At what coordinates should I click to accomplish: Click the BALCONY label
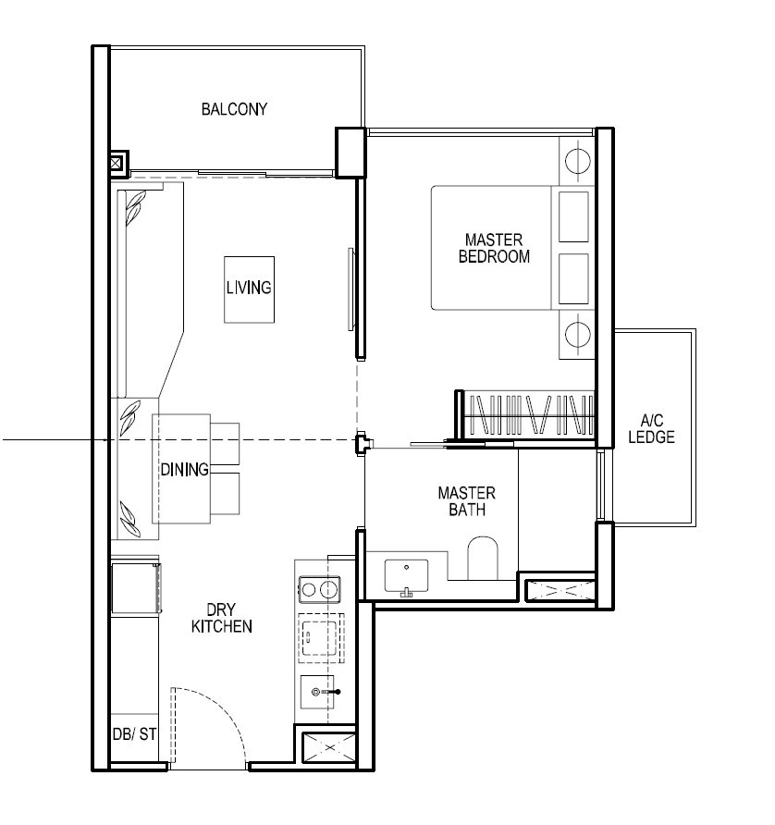[234, 109]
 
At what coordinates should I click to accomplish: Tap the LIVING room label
[249, 288]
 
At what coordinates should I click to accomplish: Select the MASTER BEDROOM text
[494, 248]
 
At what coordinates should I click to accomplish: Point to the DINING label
[184, 469]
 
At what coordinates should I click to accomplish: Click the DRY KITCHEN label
[222, 618]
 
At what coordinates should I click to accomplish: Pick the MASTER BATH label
[467, 501]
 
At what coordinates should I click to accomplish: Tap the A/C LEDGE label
[651, 428]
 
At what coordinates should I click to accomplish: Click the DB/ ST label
[134, 733]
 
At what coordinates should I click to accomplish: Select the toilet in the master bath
[483, 558]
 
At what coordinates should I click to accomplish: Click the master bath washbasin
[406, 576]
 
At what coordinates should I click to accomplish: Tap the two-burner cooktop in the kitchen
[319, 589]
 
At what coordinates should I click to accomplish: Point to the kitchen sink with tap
[318, 692]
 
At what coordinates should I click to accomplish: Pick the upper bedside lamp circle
[577, 160]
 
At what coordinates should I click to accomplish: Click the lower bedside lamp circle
[577, 334]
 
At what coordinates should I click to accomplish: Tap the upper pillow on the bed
[573, 216]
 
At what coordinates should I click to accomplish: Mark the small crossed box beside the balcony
[117, 163]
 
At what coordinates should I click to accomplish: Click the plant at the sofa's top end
[135, 207]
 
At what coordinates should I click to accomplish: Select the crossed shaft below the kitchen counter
[329, 746]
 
